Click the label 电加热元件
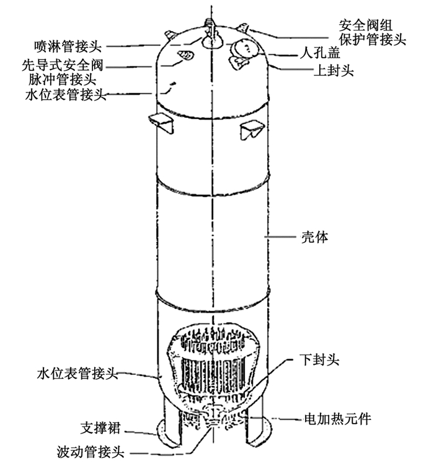click(x=337, y=419)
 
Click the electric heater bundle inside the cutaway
click(x=211, y=366)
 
